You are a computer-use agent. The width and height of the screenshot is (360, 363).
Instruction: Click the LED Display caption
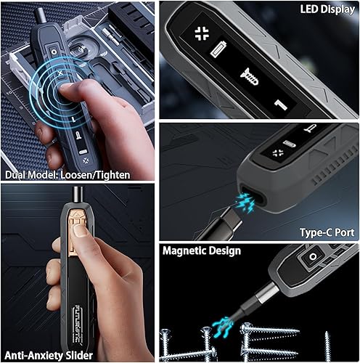pyautogui.click(x=328, y=10)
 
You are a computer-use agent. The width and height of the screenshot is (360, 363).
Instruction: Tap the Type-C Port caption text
pyautogui.click(x=327, y=232)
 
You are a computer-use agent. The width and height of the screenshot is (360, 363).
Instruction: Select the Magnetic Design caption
pyautogui.click(x=201, y=251)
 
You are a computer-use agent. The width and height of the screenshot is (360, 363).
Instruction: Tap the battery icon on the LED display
pyautogui.click(x=218, y=50)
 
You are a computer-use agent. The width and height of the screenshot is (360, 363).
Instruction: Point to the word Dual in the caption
pyautogui.click(x=16, y=175)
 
